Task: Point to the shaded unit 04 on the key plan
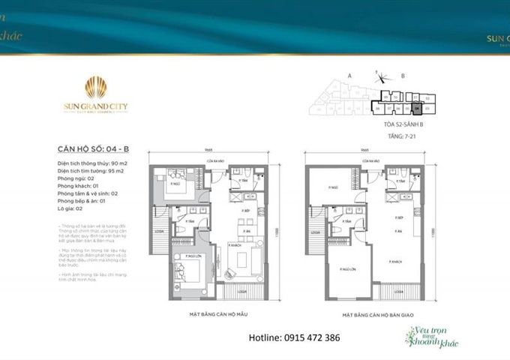tap(416, 107)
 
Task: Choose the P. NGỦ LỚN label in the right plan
tap(346, 270)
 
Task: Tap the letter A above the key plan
tap(349, 76)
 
